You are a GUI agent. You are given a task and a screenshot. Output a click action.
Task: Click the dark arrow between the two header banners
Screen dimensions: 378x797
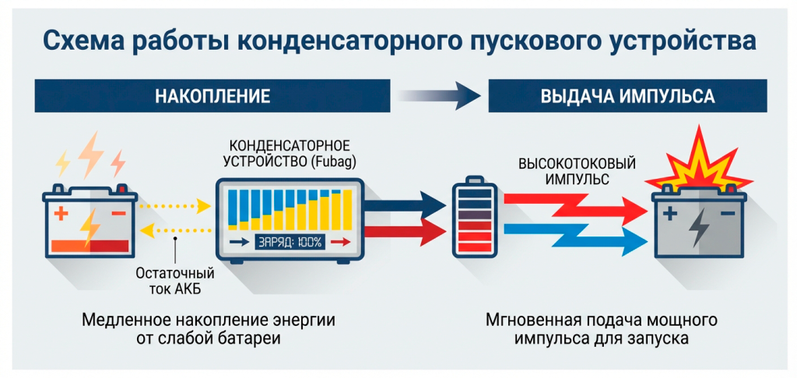click(x=440, y=96)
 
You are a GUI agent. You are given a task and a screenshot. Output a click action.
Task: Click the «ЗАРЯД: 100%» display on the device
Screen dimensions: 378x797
click(x=290, y=242)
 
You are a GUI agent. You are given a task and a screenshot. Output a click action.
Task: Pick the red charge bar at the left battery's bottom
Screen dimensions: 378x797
click(x=90, y=246)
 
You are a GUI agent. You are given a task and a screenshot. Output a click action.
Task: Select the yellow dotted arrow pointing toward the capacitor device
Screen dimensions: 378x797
click(x=175, y=206)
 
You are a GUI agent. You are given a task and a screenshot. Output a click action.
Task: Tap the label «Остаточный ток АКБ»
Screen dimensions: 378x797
click(x=176, y=282)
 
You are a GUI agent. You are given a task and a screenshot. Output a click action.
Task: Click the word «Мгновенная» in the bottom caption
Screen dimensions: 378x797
click(x=527, y=321)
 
